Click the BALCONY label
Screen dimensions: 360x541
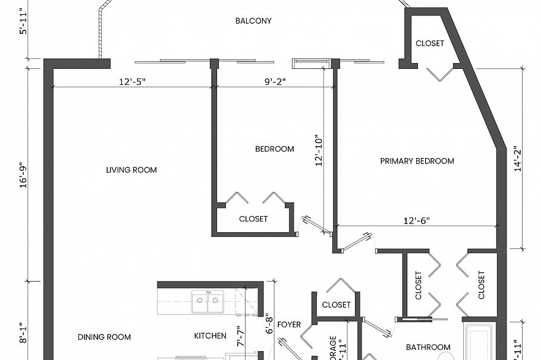pyautogui.click(x=253, y=21)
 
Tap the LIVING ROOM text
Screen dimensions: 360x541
pyautogui.click(x=131, y=170)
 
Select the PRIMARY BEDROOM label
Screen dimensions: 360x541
pyautogui.click(x=417, y=161)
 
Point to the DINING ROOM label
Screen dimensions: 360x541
pyautogui.click(x=104, y=337)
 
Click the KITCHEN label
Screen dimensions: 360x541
pyautogui.click(x=210, y=336)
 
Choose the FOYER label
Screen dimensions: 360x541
pyautogui.click(x=290, y=324)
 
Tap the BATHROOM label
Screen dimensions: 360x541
pyautogui.click(x=428, y=347)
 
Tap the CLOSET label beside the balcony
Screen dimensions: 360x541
pyautogui.click(x=429, y=43)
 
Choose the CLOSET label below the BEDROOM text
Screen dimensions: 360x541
pyautogui.click(x=253, y=219)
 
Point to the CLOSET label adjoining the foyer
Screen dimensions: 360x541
pyautogui.click(x=336, y=305)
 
